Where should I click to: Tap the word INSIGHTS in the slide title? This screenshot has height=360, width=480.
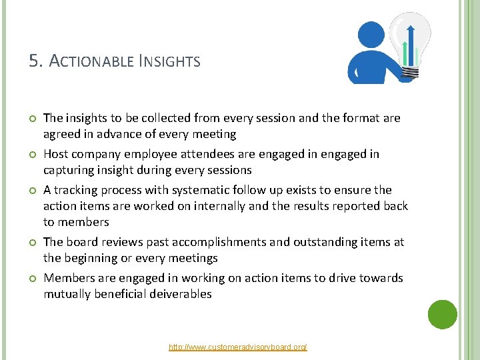point(169,62)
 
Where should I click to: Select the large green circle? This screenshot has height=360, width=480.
point(443,315)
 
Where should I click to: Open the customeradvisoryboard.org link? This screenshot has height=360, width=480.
point(238,347)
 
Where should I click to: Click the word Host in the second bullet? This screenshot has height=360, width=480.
point(56,154)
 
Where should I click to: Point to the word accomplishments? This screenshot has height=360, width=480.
point(205,242)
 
